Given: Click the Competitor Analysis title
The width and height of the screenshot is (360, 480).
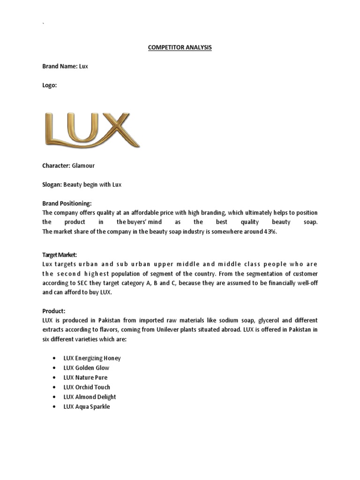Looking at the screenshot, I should tap(180, 47).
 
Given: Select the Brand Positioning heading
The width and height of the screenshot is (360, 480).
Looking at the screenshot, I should tap(67, 203).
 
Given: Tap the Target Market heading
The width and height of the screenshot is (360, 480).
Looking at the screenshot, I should tap(56, 254).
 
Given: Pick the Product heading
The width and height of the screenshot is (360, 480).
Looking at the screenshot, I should tap(54, 311).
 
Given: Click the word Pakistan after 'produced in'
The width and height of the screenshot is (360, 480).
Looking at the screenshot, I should tap(111, 320).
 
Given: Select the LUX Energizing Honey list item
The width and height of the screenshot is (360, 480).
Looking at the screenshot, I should tap(92, 358).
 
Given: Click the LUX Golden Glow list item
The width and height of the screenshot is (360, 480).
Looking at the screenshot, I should tap(86, 368).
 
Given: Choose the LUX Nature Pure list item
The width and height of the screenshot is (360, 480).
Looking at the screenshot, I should tap(85, 377).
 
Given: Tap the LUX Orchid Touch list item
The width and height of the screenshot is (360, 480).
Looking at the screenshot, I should tap(87, 387).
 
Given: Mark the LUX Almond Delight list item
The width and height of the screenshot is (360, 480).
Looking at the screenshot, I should tap(90, 397).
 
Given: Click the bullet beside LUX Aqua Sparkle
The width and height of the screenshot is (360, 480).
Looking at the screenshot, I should tap(55, 407).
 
